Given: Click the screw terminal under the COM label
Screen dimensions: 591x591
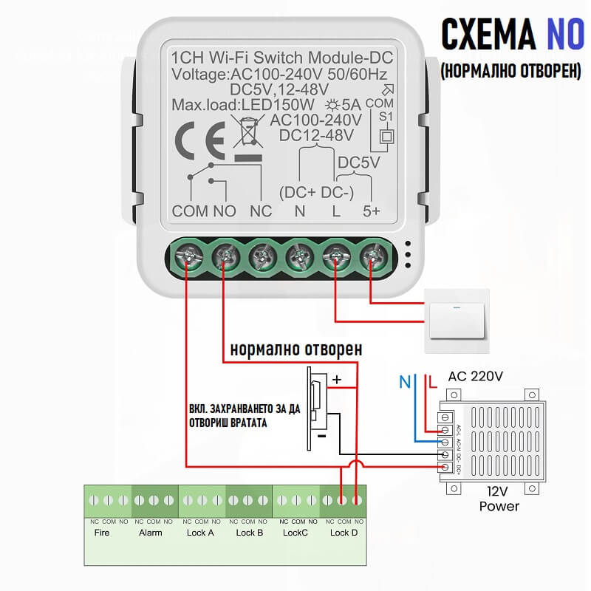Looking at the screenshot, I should (x=186, y=258).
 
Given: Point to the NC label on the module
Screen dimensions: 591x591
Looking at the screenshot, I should (x=261, y=211).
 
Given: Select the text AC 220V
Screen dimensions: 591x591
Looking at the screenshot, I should (x=476, y=377).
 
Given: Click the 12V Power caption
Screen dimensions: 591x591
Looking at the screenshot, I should (x=499, y=499).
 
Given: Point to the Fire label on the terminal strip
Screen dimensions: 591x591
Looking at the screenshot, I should (x=102, y=533).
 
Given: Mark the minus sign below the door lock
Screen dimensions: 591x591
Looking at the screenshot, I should (x=323, y=436).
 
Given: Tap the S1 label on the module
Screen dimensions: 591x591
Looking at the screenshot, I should (x=386, y=117).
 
